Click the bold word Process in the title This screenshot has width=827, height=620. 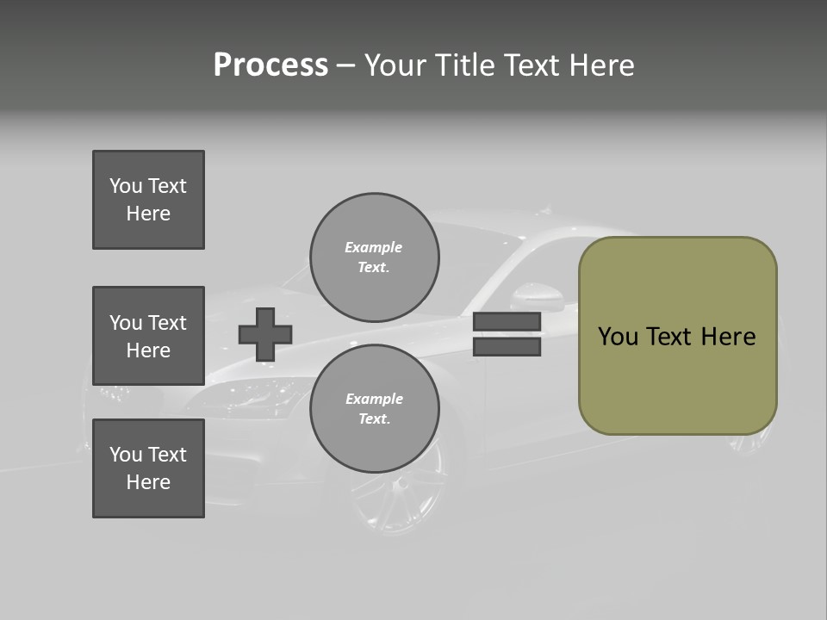[x=270, y=65]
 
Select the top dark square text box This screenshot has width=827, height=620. [x=148, y=200]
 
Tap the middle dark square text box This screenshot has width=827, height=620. [x=148, y=336]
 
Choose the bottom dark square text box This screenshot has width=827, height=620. [x=148, y=468]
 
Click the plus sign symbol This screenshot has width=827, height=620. [x=265, y=334]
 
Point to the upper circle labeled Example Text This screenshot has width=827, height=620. [x=374, y=257]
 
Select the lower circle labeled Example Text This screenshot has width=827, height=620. [x=374, y=408]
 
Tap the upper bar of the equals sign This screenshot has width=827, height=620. [x=507, y=322]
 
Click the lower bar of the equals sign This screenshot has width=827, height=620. [x=507, y=346]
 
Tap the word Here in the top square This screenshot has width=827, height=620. [x=148, y=214]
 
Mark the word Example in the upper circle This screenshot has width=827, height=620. [x=374, y=247]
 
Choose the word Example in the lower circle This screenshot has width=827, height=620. [x=374, y=399]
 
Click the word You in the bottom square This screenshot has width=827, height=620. [x=126, y=455]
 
